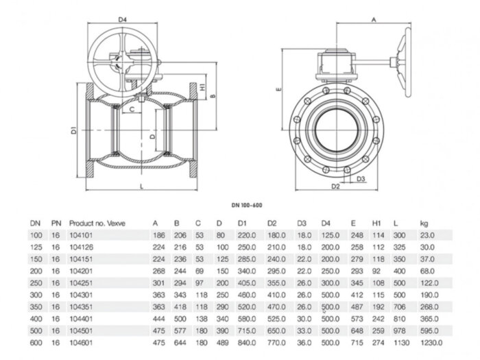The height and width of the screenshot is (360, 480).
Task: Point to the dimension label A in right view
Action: [374, 21]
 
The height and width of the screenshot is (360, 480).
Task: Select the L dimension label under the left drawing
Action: [141, 186]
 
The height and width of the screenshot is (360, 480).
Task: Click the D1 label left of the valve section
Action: [74, 130]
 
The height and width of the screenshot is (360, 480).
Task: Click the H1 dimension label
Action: [204, 87]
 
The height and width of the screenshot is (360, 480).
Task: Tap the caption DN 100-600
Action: [246, 204]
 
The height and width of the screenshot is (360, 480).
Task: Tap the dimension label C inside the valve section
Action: [132, 107]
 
